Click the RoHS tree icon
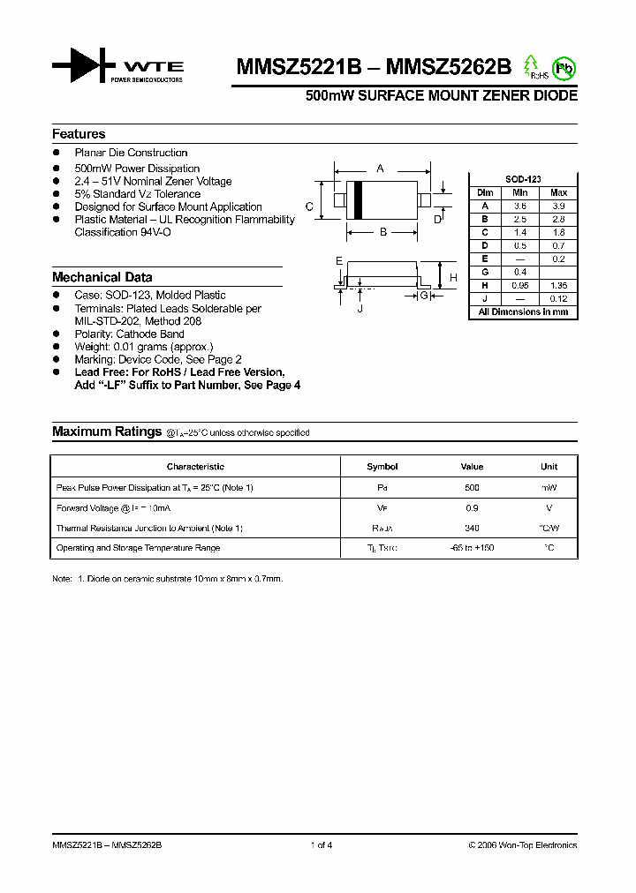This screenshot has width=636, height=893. pos(531,66)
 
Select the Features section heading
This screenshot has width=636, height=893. pos(79,134)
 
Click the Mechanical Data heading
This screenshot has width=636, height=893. pos(102,277)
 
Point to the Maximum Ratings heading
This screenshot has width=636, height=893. pos(106,431)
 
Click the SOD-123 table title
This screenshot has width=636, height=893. pos(523,179)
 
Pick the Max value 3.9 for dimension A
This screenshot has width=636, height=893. pos(558,205)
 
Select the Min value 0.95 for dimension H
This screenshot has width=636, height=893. pos(520,286)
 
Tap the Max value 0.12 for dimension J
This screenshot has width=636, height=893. pos(558,299)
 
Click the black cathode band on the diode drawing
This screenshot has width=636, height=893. pos(359,199)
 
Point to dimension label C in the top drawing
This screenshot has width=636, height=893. pos(309,206)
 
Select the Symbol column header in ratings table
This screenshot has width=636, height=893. pos(382,467)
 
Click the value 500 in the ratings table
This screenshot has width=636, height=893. pos(472,487)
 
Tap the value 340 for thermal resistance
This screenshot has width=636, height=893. pos(472,528)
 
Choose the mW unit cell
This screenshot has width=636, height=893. pos(549,487)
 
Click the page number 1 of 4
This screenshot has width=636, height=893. pos(322,845)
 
